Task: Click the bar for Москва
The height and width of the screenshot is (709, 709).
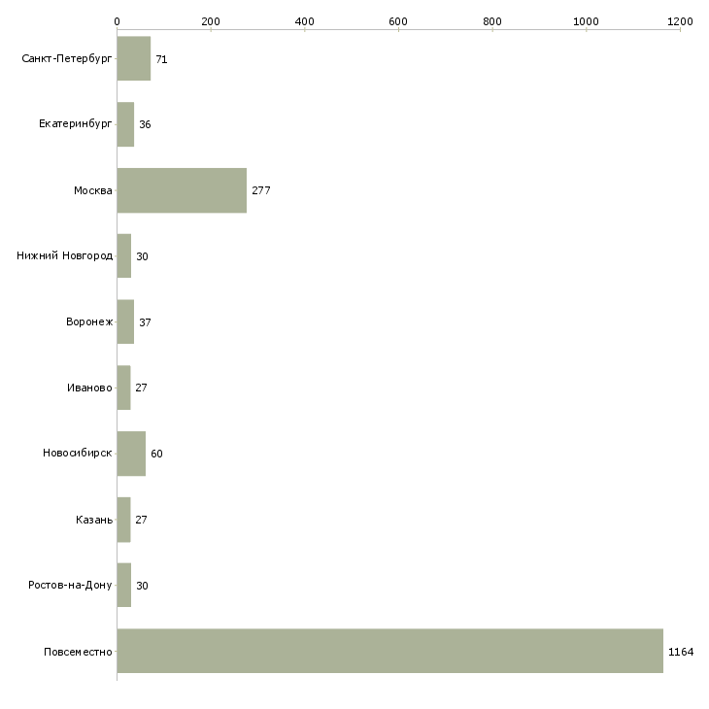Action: [182, 190]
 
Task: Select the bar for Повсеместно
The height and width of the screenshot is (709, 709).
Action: [390, 651]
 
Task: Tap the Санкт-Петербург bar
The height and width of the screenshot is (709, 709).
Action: [134, 58]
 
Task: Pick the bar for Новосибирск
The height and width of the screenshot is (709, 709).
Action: [131, 454]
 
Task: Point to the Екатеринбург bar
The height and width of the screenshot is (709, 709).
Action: [125, 124]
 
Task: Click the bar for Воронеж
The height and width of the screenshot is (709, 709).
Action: [125, 321]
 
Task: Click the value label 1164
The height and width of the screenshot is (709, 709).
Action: [681, 652]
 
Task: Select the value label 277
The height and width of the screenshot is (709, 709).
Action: [261, 190]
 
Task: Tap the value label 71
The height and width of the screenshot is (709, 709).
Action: [161, 59]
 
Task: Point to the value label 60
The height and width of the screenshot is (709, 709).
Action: [156, 454]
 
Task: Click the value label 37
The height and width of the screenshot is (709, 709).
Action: [145, 322]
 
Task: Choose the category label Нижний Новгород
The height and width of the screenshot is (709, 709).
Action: [65, 256]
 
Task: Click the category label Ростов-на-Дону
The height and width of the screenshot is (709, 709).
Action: [70, 585]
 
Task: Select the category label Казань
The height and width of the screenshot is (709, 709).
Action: [94, 520]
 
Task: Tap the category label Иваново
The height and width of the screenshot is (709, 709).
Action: [89, 388]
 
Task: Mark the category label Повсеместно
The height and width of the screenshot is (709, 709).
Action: [78, 652]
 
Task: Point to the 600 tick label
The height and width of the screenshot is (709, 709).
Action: [398, 21]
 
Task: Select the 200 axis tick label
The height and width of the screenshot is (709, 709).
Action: [211, 21]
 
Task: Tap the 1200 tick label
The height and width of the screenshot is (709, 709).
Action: [680, 21]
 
